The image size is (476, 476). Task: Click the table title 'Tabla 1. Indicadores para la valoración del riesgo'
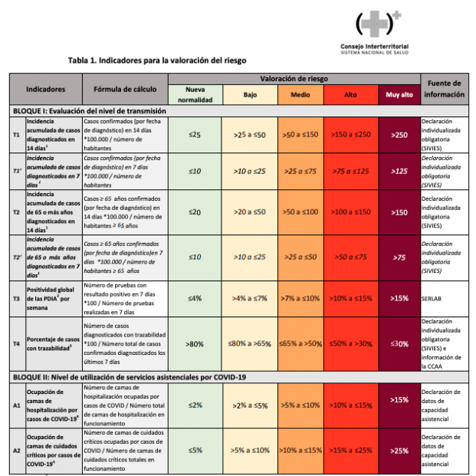157,59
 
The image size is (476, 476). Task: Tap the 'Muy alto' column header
399,94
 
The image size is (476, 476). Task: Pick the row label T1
16,133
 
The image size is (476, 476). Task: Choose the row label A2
16,450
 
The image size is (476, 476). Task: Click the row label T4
16,344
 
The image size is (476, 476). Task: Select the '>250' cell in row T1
399,133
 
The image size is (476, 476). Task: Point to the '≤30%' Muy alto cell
399,344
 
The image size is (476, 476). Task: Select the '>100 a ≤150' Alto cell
350,212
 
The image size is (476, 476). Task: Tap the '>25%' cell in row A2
399,450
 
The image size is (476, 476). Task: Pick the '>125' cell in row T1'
399,170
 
